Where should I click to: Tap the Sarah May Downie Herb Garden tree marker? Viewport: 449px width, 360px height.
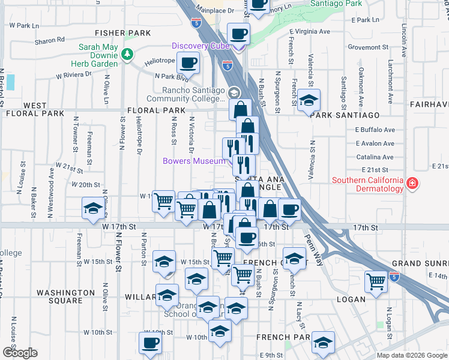coord(127,55)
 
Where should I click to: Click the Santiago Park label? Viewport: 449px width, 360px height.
coord(336,4)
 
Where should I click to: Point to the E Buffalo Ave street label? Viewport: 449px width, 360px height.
coord(375,130)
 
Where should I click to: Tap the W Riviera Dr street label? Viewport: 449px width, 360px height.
coord(73,75)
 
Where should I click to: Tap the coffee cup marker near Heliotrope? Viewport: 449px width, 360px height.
coord(188,62)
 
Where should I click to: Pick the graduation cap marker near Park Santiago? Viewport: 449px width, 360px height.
coord(309,100)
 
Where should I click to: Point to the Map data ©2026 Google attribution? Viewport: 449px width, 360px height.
coord(412,355)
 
